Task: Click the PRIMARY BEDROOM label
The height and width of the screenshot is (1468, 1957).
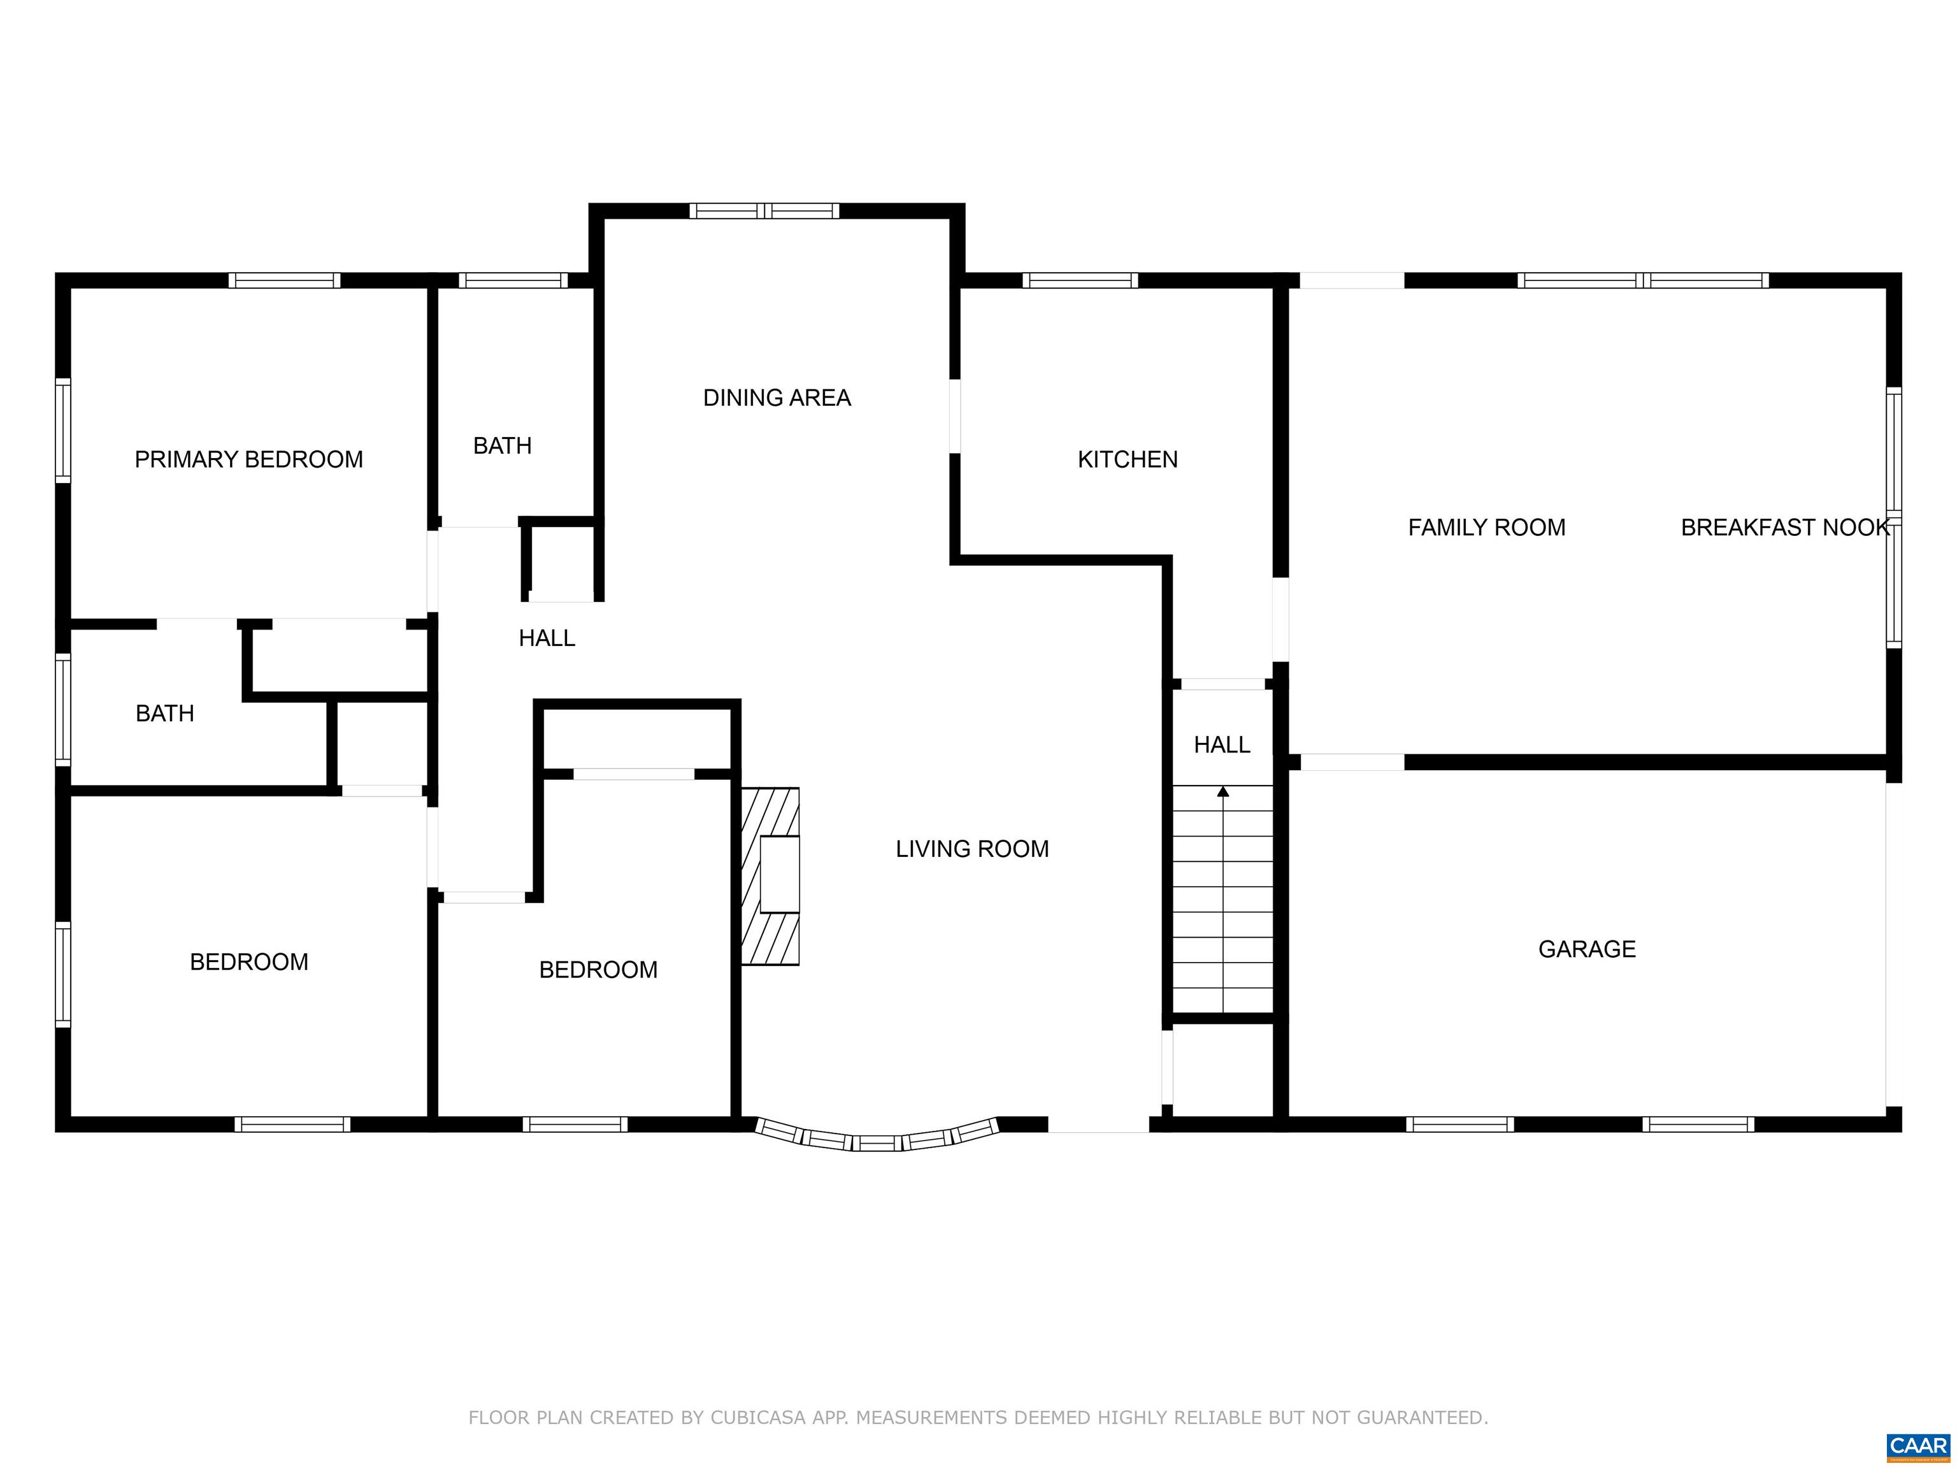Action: coord(248,459)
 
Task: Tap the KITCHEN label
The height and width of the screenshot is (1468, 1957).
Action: coord(1127,459)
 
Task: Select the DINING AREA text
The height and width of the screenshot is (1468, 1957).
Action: coord(777,398)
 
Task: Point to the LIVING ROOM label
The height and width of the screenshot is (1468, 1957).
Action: coord(972,849)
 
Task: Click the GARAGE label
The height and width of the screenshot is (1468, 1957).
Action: coord(1587,949)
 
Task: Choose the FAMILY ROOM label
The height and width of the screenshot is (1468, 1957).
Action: coord(1486,528)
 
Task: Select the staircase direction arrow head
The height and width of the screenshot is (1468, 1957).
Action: coord(1222,791)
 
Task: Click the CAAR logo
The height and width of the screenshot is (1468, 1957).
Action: coord(1918,1445)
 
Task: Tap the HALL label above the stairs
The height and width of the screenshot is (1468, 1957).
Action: coord(1222,745)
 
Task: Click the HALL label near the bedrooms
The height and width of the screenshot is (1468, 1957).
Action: coord(547,638)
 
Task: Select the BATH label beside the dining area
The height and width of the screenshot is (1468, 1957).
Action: coord(503,446)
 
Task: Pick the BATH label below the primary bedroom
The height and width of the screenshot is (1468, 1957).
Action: coord(164,713)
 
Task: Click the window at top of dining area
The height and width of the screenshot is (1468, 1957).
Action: coord(764,211)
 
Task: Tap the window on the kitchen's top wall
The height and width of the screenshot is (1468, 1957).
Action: coord(1080,280)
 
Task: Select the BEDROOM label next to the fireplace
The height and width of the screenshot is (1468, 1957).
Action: coord(598,970)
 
